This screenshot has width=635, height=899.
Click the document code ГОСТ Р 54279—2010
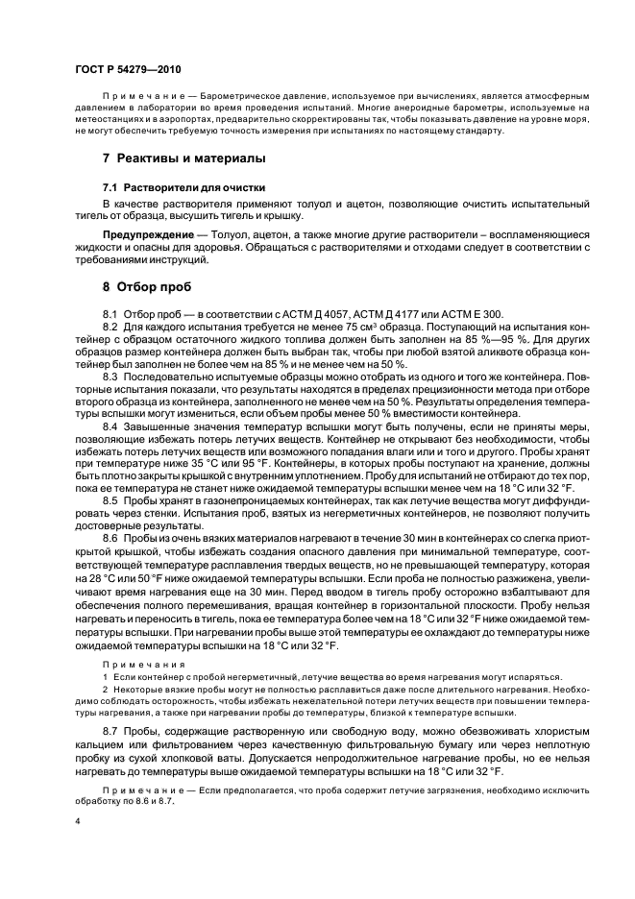pyautogui.click(x=127, y=69)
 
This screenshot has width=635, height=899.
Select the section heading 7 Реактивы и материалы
pyautogui.click(x=184, y=158)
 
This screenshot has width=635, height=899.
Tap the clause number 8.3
pyautogui.click(x=112, y=376)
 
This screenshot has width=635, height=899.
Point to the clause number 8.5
pyautogui.click(x=112, y=500)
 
